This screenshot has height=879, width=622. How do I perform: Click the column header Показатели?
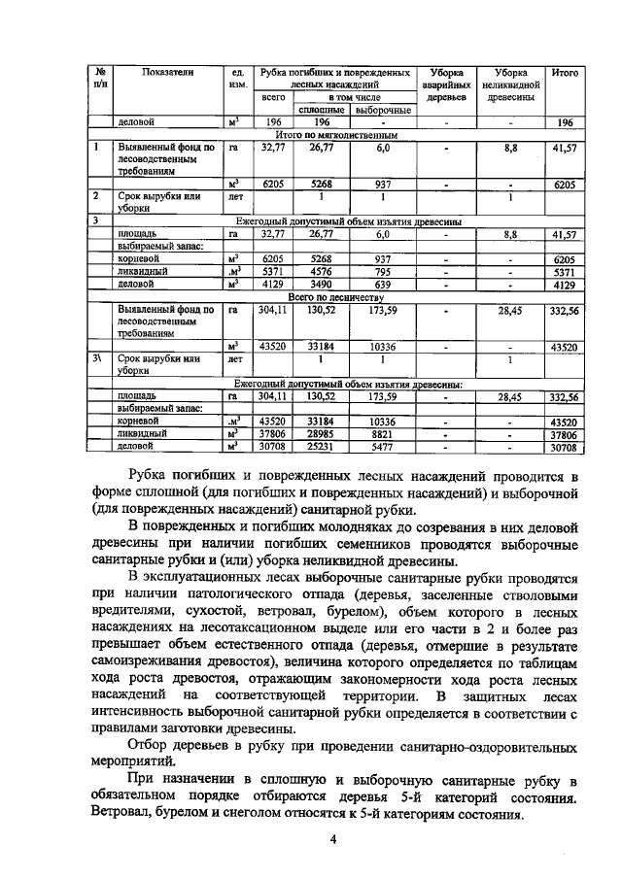168,72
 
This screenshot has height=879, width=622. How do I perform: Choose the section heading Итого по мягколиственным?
330,134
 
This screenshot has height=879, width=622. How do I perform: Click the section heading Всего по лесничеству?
330,296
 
